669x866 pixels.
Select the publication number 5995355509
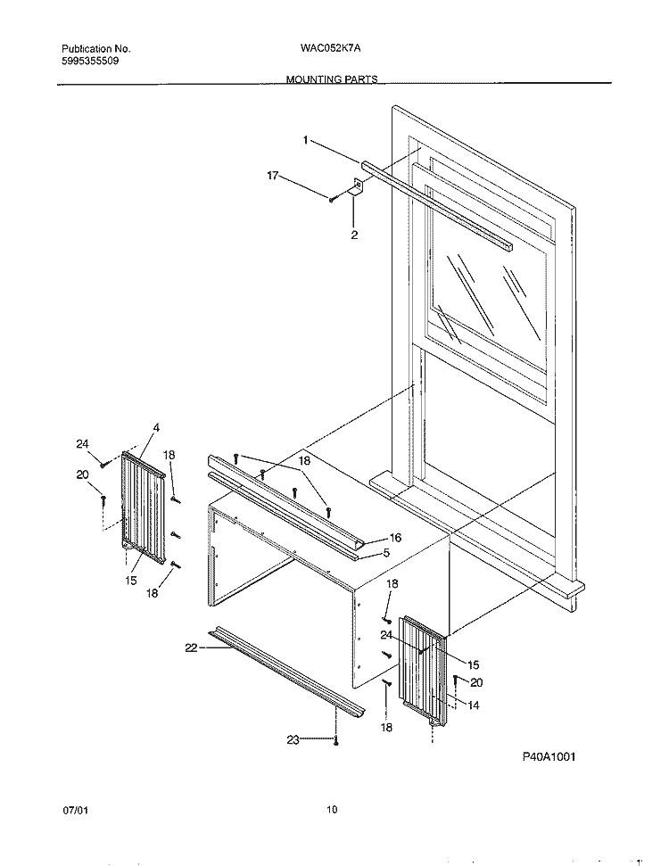91,62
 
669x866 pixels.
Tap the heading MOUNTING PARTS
332,79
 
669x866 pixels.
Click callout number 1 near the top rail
305,140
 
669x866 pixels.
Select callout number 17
274,176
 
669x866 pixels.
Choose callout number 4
156,429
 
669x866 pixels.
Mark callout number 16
395,539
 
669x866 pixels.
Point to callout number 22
190,648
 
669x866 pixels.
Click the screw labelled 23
335,738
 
